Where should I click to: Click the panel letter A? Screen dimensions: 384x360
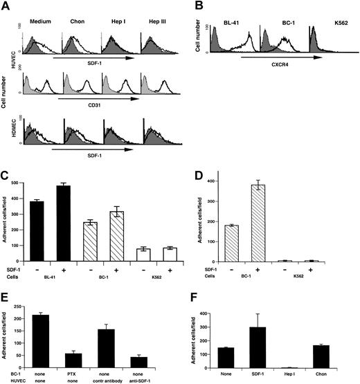point(6,6)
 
